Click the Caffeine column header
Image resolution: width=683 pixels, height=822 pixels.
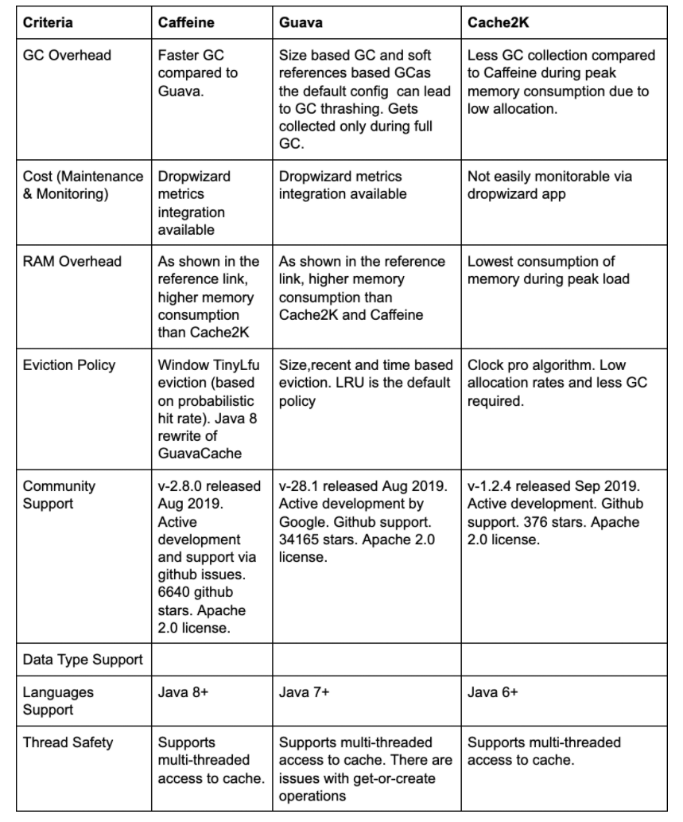(187, 22)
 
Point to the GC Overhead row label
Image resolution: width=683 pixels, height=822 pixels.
(68, 56)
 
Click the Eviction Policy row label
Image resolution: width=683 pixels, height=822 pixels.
(69, 365)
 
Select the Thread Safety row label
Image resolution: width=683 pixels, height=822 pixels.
(68, 742)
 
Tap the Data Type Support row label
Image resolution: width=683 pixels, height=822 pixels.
(83, 660)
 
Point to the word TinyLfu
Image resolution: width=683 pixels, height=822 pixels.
(231, 365)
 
